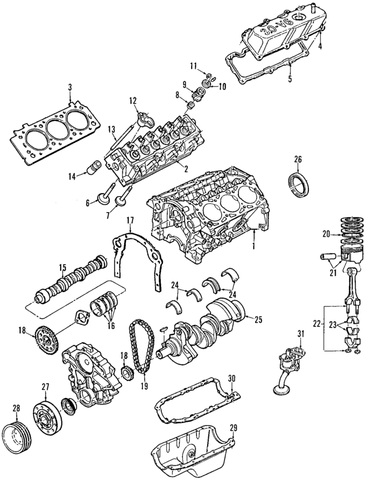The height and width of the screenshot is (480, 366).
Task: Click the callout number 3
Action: tap(69, 87)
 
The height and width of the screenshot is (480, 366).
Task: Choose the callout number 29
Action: tap(232, 428)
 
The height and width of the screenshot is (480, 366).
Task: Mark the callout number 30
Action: tap(231, 378)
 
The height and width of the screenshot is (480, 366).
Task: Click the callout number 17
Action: tap(130, 220)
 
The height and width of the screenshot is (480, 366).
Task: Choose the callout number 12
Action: tap(133, 101)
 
